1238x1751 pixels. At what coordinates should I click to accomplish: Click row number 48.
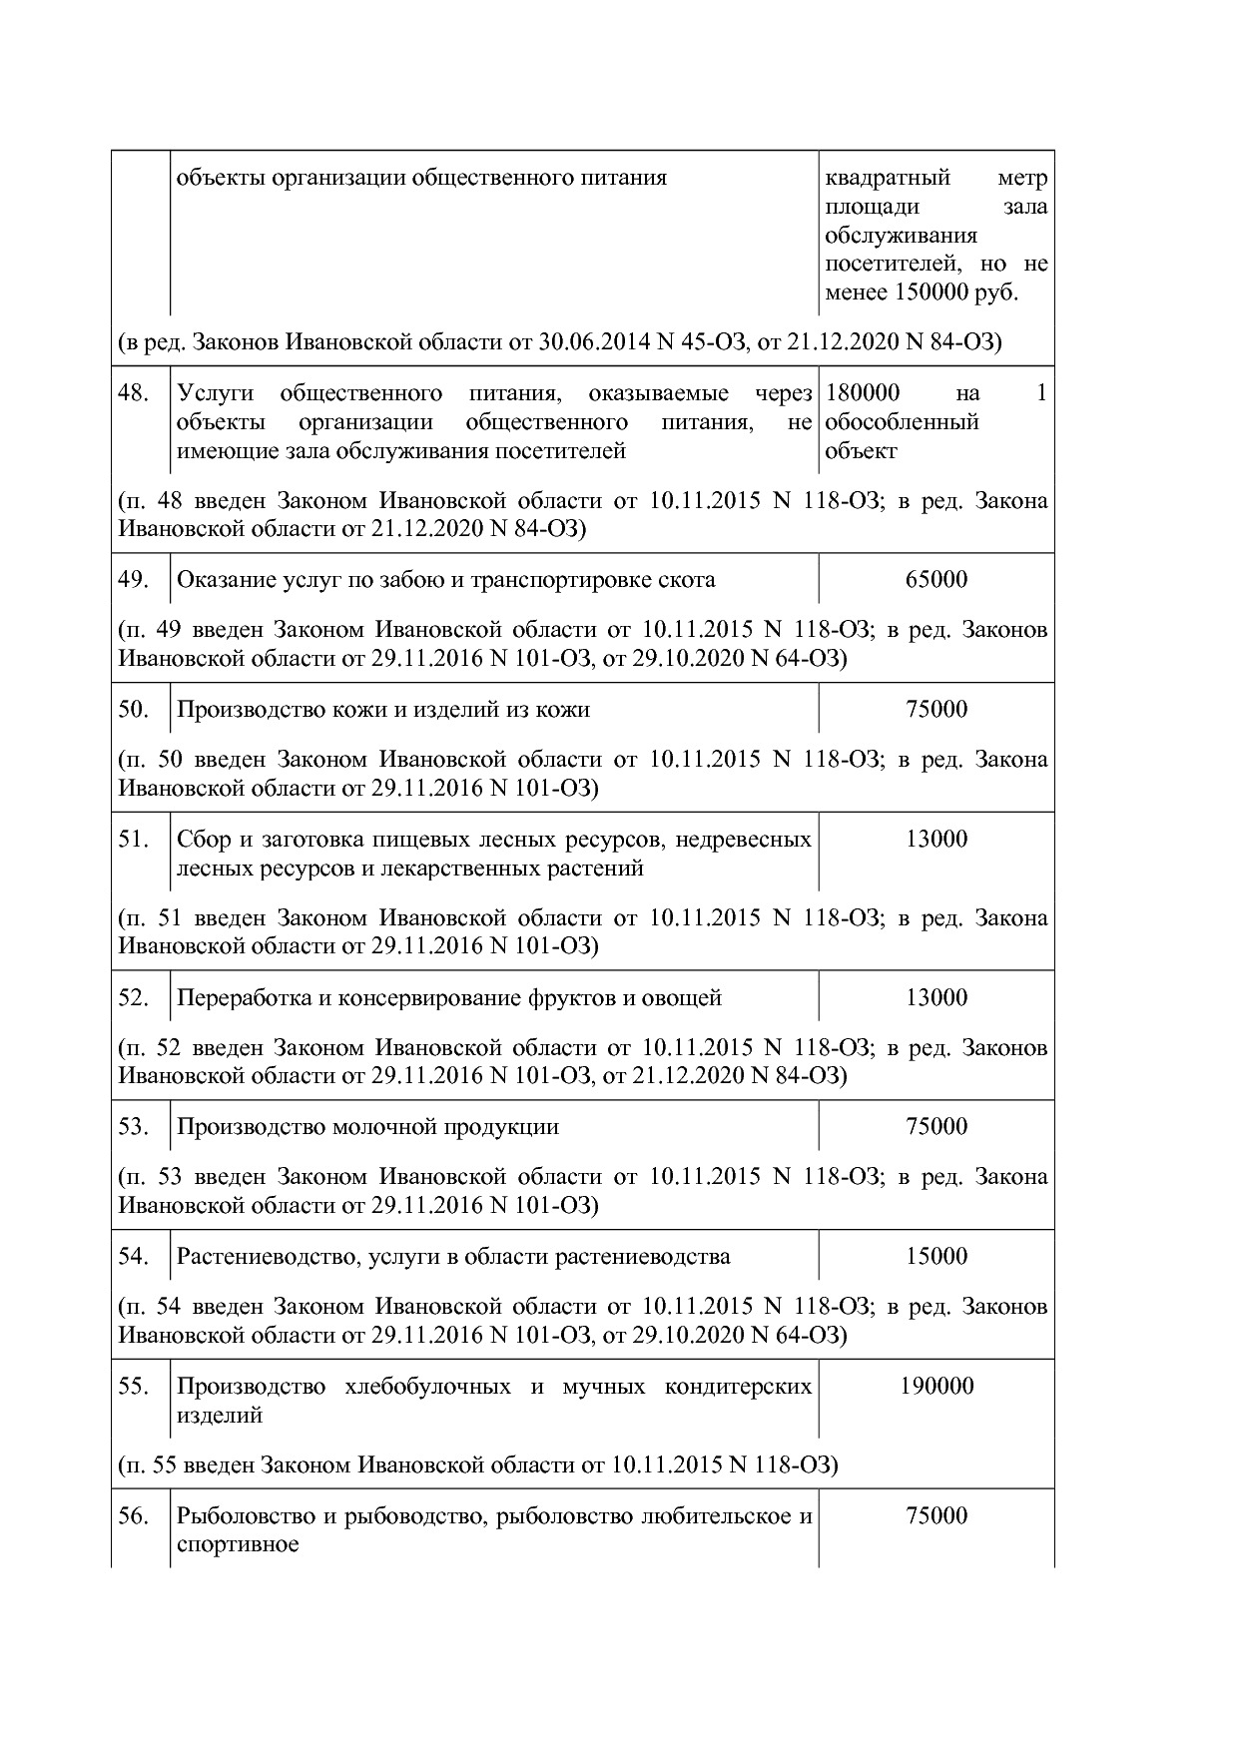pos(133,393)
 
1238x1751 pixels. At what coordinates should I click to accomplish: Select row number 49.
pos(133,580)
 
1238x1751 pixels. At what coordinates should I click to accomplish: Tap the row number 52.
pos(133,997)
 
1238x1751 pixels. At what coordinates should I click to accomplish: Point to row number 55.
pos(133,1387)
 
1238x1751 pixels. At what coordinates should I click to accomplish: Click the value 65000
pos(935,580)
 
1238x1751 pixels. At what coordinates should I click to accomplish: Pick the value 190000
pos(935,1387)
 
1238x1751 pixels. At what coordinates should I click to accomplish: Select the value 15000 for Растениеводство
pos(935,1257)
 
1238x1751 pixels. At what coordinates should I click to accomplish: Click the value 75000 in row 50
pos(935,710)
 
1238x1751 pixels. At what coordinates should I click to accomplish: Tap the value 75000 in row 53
pos(935,1127)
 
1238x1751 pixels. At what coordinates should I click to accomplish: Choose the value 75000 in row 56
pos(935,1516)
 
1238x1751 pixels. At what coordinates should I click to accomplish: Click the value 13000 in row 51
pos(935,840)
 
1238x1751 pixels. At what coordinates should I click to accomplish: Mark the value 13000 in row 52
pos(935,997)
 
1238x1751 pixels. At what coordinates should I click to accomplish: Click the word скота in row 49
pos(687,580)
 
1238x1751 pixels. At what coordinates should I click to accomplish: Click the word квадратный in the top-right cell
pos(888,179)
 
